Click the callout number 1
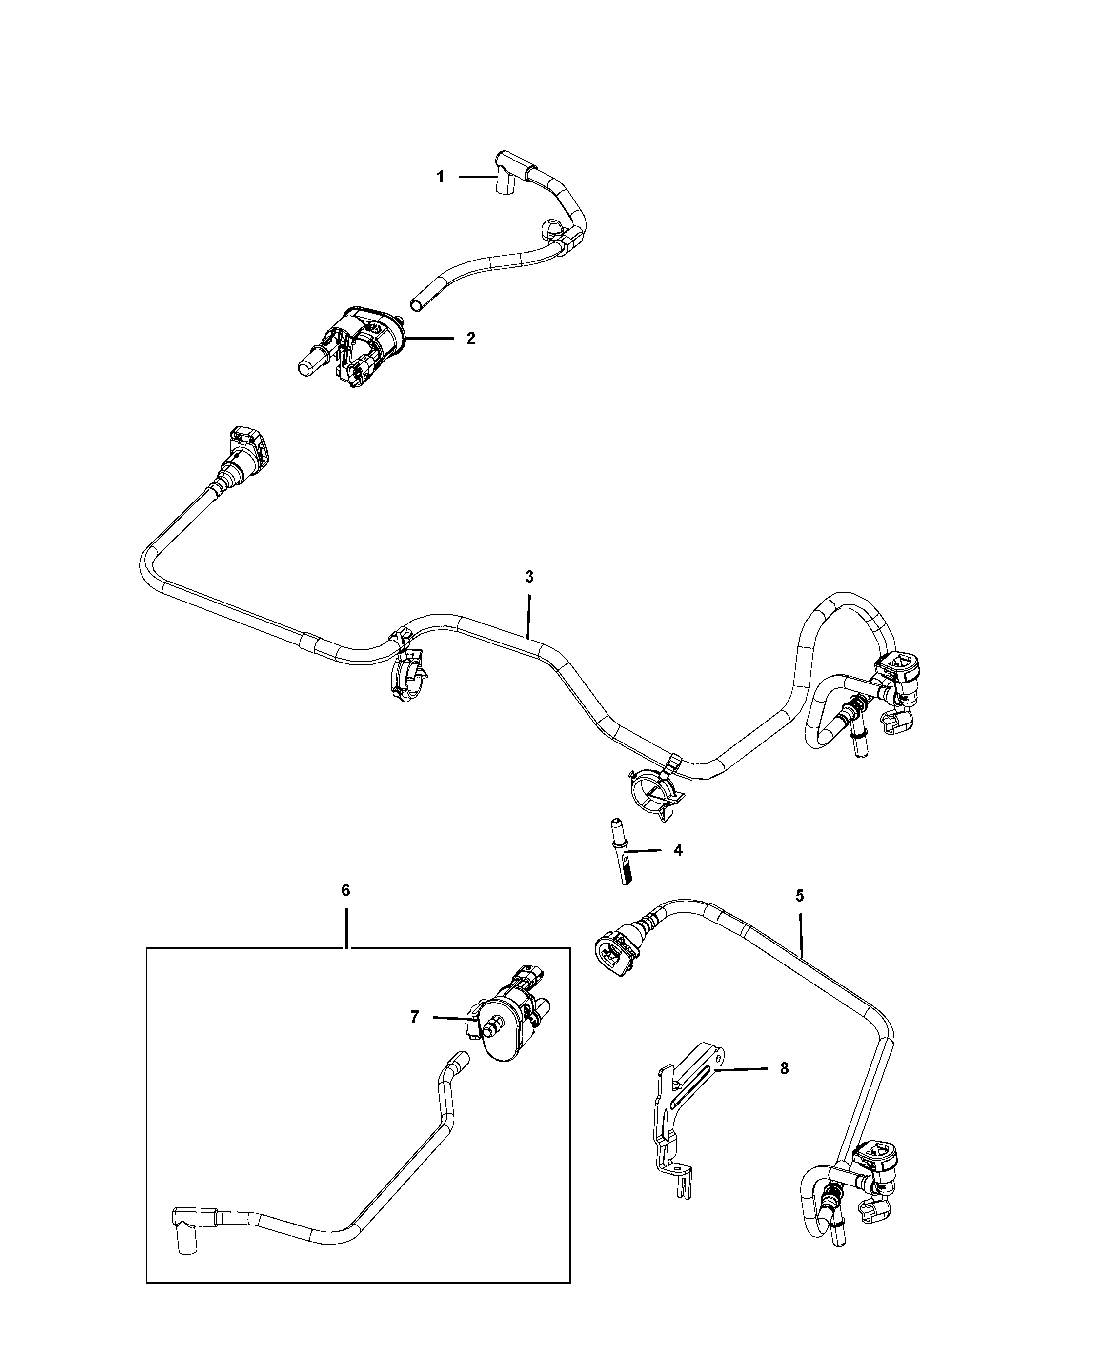[x=440, y=178]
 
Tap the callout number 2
[x=470, y=339]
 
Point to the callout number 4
[x=678, y=850]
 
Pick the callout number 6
[x=345, y=890]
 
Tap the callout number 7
[x=414, y=1017]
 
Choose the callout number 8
[x=785, y=1068]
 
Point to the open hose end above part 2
[x=415, y=305]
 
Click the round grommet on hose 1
[x=550, y=229]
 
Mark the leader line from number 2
[x=429, y=339]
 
